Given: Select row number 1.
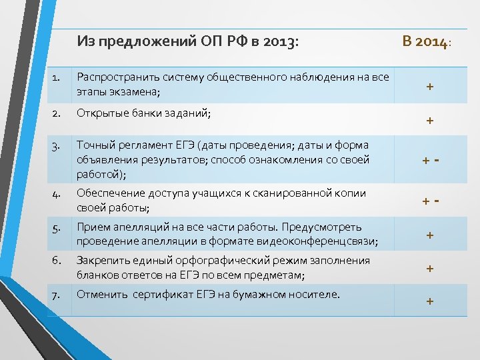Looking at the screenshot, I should (x=57, y=78).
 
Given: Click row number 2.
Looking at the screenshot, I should (x=57, y=114).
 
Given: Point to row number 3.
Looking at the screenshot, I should (x=57, y=145).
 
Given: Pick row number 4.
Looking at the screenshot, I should (x=57, y=193).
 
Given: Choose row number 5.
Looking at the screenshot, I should (x=57, y=227).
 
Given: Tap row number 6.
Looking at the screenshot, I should (x=57, y=261).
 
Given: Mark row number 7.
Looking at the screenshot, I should (x=57, y=294).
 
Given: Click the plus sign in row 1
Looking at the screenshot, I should (x=430, y=87).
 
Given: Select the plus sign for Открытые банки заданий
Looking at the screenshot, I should (x=430, y=121).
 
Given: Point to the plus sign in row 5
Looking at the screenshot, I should (x=430, y=235).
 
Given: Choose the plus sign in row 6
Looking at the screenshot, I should (x=430, y=268).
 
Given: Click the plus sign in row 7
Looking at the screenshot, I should (x=430, y=301).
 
